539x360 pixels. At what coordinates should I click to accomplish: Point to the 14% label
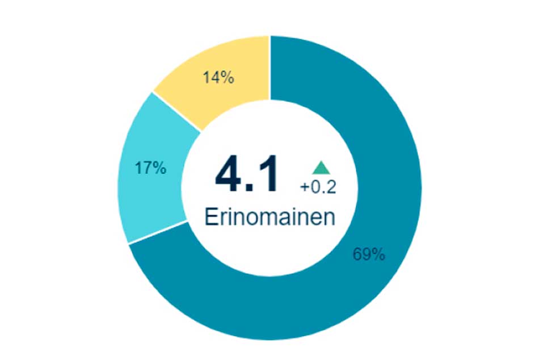point(218,78)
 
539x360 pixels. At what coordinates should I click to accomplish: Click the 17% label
point(150,168)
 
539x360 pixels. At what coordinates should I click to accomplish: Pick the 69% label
point(369,255)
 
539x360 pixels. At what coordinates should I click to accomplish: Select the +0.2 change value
point(318,187)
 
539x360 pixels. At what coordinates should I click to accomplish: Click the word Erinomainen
point(269,217)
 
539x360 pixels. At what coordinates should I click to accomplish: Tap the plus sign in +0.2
point(305,187)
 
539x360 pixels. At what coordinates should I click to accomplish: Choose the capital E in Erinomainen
point(211,217)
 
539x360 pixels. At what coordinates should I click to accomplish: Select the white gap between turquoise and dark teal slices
point(158,233)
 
